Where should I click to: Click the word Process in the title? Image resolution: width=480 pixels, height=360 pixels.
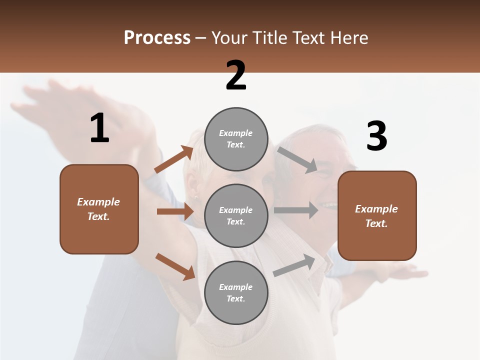click(x=157, y=37)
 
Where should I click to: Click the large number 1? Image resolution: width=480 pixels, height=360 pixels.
click(x=99, y=128)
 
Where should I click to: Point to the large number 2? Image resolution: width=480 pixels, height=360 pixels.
click(x=236, y=75)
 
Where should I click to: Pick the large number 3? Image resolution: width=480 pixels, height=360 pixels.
click(x=376, y=136)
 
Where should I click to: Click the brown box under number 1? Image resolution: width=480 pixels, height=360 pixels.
click(x=99, y=209)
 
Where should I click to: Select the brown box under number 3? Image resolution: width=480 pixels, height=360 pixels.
click(x=377, y=216)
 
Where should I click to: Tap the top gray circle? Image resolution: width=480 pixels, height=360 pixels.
click(x=236, y=139)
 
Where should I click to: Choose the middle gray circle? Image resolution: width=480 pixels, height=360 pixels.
click(x=236, y=215)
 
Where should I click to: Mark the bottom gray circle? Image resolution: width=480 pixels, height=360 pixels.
click(x=236, y=292)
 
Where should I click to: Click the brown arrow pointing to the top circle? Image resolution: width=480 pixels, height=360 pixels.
click(x=174, y=159)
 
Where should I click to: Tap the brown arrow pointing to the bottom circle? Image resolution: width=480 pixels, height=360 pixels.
click(x=175, y=266)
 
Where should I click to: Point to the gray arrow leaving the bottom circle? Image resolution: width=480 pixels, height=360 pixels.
click(x=294, y=265)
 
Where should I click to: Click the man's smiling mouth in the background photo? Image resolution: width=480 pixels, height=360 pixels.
click(x=329, y=205)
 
